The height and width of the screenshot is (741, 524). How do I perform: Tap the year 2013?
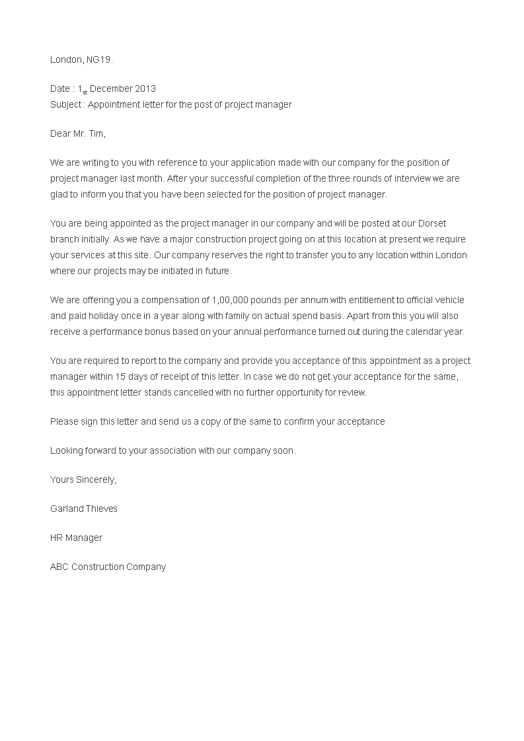pyautogui.click(x=145, y=88)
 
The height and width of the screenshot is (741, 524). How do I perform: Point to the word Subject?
pyautogui.click(x=65, y=104)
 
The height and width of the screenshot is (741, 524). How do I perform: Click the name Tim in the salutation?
pyautogui.click(x=96, y=133)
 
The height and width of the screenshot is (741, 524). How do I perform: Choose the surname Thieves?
pyautogui.click(x=102, y=509)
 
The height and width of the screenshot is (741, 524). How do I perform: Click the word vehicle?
pyautogui.click(x=448, y=300)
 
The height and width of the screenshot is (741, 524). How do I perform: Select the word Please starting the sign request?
pyautogui.click(x=64, y=421)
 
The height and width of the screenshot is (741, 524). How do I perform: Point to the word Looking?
pyautogui.click(x=66, y=450)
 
